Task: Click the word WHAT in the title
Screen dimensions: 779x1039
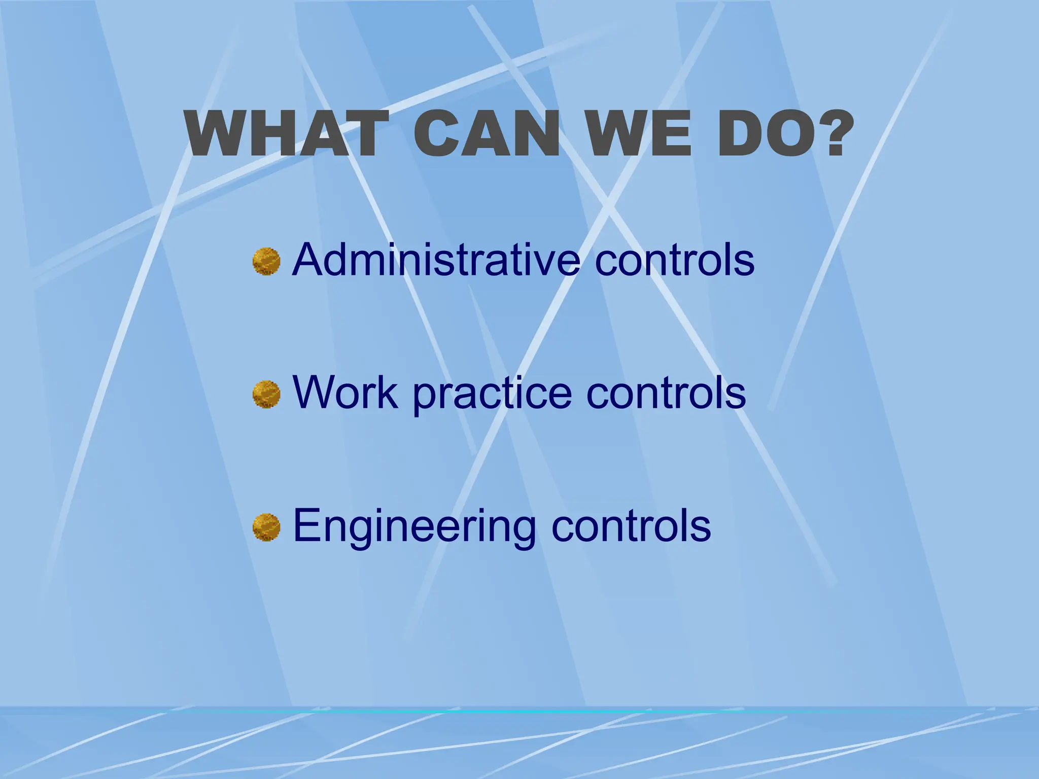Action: coord(287,134)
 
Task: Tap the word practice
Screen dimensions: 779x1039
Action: coord(492,394)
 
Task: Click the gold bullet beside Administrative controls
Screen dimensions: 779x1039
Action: coord(266,262)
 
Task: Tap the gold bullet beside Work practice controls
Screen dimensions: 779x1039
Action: coord(266,395)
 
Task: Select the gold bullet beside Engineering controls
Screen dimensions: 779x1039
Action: coord(266,527)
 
